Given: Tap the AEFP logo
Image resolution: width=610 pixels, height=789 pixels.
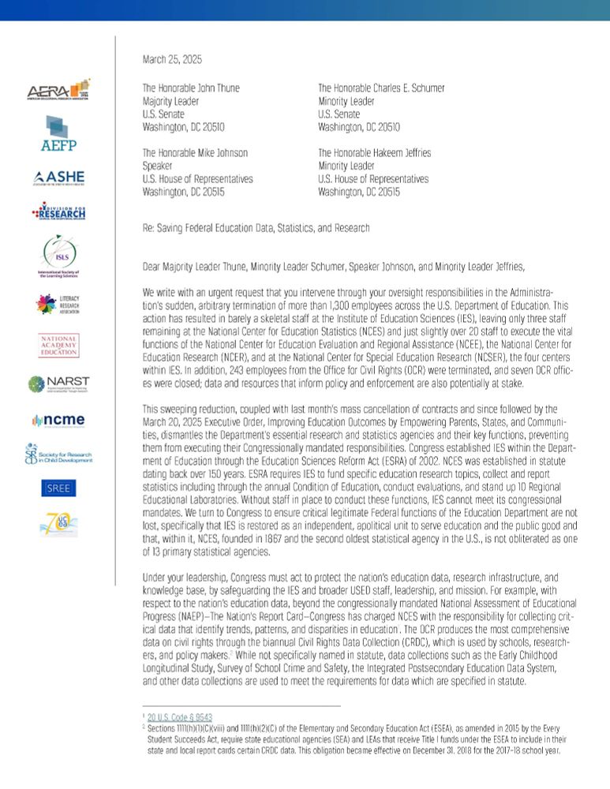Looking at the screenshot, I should [58, 133].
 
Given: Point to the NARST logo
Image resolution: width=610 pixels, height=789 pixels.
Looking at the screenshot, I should [58, 383].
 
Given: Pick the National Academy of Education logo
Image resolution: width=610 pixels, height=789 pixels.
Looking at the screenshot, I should [58, 345].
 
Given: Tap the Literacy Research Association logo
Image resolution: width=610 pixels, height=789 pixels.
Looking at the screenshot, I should [58, 304].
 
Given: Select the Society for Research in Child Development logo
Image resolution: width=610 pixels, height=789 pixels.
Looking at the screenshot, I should [58, 454].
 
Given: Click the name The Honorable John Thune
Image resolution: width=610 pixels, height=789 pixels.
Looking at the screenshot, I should [190, 88].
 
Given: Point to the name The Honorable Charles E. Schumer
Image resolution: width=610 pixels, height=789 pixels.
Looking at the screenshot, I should [381, 88].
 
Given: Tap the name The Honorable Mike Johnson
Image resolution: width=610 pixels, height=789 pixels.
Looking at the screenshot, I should [194, 153].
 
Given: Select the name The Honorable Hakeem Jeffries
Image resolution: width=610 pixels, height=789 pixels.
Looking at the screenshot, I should [374, 153].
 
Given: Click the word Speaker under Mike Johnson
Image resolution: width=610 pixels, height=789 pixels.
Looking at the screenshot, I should [158, 166].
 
